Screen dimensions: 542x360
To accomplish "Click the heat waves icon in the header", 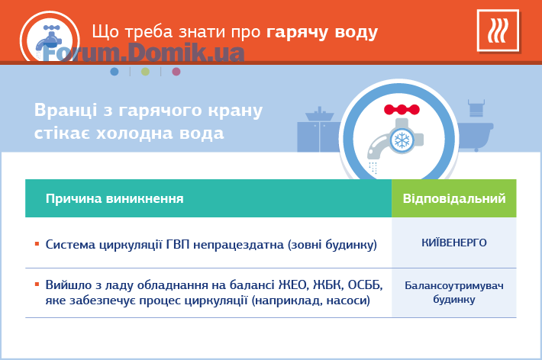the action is (498, 31).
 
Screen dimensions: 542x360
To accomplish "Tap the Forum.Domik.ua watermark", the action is (144, 53).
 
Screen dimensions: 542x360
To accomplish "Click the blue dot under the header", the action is (115, 72).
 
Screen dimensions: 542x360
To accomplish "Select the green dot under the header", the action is (146, 72).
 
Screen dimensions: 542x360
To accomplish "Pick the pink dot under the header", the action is (176, 72).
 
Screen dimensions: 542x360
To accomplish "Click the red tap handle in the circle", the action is (402, 110).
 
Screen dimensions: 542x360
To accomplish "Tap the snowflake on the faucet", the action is (402, 140).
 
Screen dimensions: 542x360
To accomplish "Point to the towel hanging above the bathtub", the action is (476, 108).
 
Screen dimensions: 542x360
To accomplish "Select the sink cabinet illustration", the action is (319, 130).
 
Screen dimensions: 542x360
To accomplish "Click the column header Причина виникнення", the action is (115, 198).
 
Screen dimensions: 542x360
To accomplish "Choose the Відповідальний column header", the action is (454, 198).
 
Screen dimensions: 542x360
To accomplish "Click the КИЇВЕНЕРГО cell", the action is (454, 243).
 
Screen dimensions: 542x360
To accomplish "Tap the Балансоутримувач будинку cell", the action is (454, 292).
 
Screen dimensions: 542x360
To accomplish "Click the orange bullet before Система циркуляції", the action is (37, 244).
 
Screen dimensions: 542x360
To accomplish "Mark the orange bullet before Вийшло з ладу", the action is (37, 284).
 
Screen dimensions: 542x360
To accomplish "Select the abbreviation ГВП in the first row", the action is (178, 245).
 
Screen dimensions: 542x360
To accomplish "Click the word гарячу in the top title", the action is (297, 33).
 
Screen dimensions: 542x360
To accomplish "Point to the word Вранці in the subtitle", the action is (66, 111).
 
